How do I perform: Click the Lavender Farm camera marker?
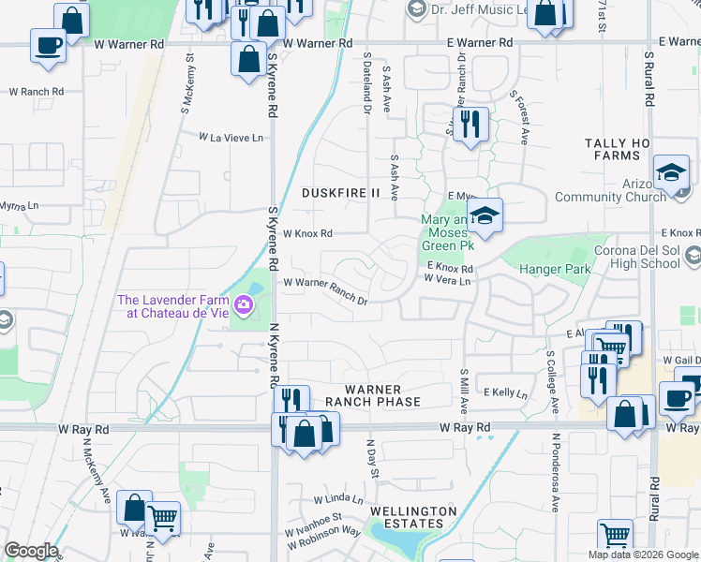[243, 303]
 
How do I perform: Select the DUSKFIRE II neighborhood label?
[341, 193]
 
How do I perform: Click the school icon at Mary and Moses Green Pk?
[485, 217]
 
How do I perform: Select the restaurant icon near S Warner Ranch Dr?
[470, 125]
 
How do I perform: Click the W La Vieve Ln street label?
[231, 138]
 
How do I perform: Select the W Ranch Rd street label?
[37, 92]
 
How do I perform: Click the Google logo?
[30, 551]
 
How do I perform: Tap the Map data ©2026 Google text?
[643, 555]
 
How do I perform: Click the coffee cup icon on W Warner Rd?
[48, 45]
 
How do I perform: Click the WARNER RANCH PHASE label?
[372, 395]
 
